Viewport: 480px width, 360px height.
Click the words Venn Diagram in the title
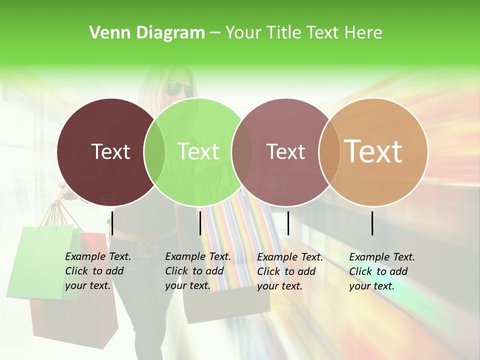[x=147, y=33]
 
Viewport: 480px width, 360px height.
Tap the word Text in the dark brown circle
[x=110, y=151]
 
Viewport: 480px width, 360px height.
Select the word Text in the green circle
[x=198, y=151]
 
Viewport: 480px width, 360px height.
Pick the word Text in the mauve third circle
[x=285, y=151]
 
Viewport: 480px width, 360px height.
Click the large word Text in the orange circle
[x=373, y=151]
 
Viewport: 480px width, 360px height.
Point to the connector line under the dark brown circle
[x=112, y=223]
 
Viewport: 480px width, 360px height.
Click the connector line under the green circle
[x=200, y=223]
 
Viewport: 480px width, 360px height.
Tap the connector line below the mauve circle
[x=288, y=223]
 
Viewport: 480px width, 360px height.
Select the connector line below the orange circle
[x=372, y=223]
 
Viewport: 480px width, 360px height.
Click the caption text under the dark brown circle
[x=97, y=271]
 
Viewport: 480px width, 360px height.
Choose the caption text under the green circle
[x=197, y=271]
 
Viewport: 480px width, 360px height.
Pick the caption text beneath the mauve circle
[x=289, y=271]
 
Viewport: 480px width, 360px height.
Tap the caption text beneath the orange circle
[x=381, y=271]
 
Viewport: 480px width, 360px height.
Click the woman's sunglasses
[x=178, y=88]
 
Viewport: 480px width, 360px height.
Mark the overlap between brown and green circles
[x=154, y=151]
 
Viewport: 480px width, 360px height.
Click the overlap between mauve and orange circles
[x=329, y=151]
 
